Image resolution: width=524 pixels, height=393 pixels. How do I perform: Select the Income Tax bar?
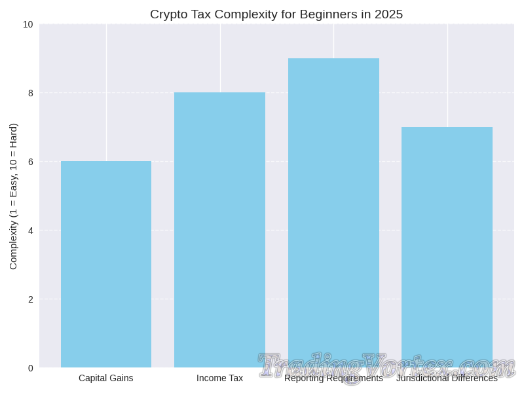tap(219, 230)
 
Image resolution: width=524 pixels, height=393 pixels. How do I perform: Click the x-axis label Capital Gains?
tap(106, 378)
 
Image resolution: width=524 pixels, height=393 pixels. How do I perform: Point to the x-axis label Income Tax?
tap(219, 378)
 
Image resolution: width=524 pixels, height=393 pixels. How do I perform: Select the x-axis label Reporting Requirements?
tap(333, 379)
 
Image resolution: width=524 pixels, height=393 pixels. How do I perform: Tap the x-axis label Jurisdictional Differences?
tap(447, 379)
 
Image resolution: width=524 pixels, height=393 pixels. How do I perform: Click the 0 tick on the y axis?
tap(30, 368)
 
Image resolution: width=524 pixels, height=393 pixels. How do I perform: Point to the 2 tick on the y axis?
tap(30, 299)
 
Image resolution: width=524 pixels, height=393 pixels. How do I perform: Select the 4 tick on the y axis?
tap(30, 231)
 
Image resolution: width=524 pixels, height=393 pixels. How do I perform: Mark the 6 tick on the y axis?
tap(30, 162)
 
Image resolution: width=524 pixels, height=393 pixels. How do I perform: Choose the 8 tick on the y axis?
tap(30, 93)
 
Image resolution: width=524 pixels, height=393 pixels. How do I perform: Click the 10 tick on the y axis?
tap(28, 24)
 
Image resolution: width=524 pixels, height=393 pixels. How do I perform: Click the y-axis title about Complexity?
tap(13, 196)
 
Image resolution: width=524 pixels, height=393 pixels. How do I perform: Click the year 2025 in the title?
tap(388, 14)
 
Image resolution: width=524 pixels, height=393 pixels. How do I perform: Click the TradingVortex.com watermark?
tap(386, 365)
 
